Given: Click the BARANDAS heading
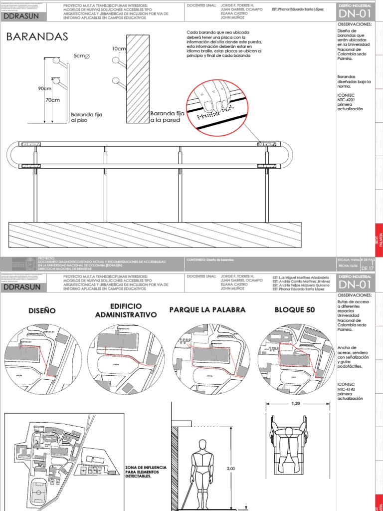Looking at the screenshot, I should (37, 37).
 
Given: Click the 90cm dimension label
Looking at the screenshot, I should (45, 88).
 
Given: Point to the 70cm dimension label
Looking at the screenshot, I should (52, 100).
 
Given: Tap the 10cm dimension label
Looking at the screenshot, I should (119, 49).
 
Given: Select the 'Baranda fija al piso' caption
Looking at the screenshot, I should (86, 118).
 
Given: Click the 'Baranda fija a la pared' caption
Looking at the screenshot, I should (167, 117).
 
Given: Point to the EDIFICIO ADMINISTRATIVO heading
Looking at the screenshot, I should (126, 310).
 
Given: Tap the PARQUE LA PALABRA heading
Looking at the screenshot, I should (207, 310).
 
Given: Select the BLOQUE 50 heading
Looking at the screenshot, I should (295, 310).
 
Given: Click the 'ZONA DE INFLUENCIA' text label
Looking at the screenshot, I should (146, 471).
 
